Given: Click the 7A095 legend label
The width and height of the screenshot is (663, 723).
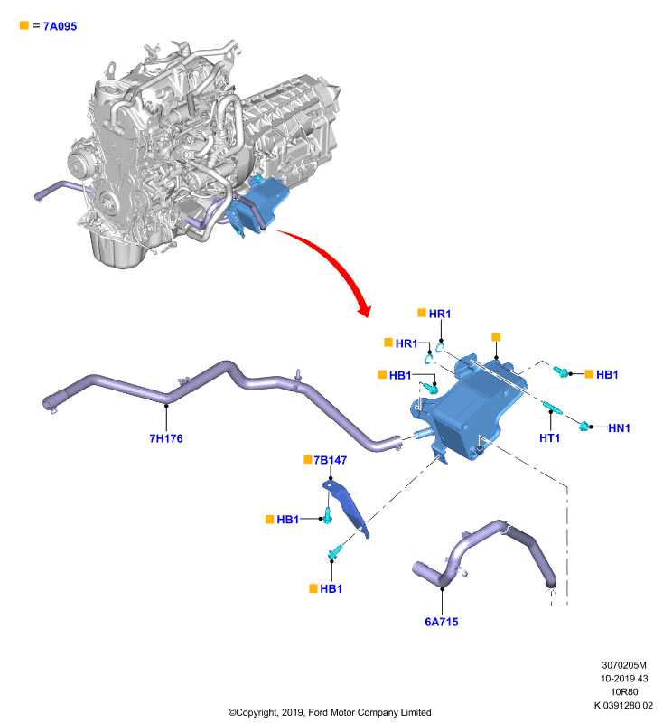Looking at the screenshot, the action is [x=60, y=26].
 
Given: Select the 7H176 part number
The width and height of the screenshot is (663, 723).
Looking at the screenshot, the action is [x=166, y=438].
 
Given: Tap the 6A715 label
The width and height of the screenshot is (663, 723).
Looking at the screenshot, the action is [x=442, y=622].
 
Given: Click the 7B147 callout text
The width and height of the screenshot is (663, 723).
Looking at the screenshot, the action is [x=330, y=460].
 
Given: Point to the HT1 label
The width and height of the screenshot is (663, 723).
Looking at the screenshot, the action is [x=550, y=438].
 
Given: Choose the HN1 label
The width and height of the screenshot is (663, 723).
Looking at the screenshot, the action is [x=619, y=427].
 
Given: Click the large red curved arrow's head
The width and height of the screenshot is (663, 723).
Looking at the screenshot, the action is [x=364, y=309].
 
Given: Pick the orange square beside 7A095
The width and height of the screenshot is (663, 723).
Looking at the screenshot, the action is [x=24, y=25].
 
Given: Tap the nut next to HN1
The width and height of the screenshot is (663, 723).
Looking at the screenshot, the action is [x=584, y=426].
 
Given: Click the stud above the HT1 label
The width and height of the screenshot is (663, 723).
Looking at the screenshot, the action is [x=552, y=408].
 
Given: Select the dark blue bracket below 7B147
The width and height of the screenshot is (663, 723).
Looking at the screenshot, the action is [x=346, y=507].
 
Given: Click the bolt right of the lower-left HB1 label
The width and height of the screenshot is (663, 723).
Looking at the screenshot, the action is [x=328, y=515].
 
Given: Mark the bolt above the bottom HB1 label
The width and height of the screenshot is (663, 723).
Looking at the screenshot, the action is [x=335, y=551].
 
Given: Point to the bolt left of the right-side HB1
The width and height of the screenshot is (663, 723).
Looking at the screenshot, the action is [x=561, y=371].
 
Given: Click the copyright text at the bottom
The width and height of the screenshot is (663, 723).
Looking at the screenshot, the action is [x=330, y=712].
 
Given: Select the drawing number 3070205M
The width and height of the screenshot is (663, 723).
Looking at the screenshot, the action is [x=624, y=665].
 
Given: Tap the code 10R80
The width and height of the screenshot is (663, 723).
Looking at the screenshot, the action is [x=624, y=691].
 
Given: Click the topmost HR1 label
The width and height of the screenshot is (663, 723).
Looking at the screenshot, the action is [x=440, y=314].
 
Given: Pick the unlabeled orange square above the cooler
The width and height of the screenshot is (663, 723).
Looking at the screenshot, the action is [x=496, y=337].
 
